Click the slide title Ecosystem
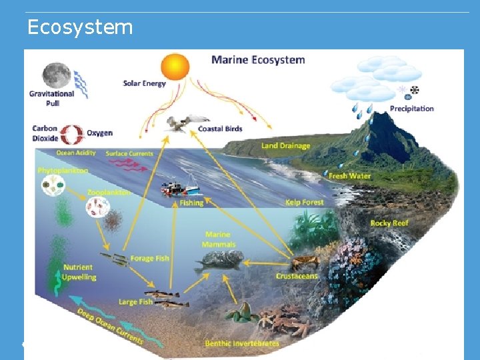(80, 27)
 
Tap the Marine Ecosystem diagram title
(258, 60)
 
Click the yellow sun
(175, 67)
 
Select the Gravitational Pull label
(51, 99)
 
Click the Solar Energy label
(144, 84)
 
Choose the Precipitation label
(411, 109)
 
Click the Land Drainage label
(285, 145)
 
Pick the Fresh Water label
(349, 176)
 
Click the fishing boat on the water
(179, 187)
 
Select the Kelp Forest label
(304, 202)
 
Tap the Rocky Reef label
(389, 223)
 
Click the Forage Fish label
(150, 259)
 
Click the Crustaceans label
(297, 276)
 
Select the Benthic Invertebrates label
(241, 343)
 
